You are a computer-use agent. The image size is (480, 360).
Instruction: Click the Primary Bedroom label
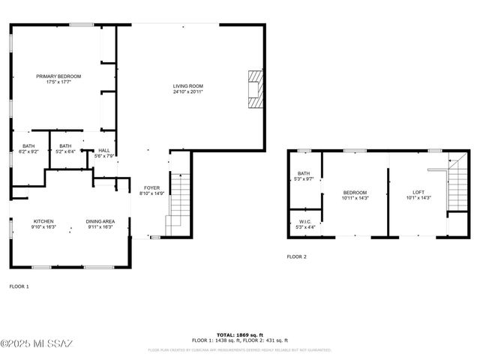pyautogui.click(x=58, y=76)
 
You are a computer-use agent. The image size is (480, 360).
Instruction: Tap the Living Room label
pyautogui.click(x=188, y=86)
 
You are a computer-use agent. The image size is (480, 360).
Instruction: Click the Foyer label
pyautogui.click(x=152, y=187)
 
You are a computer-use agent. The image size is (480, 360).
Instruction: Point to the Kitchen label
pyautogui.click(x=43, y=221)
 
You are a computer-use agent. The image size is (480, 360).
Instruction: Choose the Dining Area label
pyautogui.click(x=100, y=221)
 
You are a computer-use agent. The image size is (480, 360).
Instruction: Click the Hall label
pyautogui.click(x=104, y=150)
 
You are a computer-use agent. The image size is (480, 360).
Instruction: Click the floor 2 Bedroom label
pyautogui.click(x=355, y=192)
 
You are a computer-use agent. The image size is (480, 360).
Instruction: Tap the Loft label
pyautogui.click(x=418, y=192)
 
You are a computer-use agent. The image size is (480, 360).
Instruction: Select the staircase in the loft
pyautogui.click(x=456, y=187)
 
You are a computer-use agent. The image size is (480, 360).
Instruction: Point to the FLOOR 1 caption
pyautogui.click(x=19, y=286)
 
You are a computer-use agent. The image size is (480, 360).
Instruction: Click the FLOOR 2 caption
pyautogui.click(x=296, y=256)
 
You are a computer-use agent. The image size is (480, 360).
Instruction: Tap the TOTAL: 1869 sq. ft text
pyautogui.click(x=240, y=334)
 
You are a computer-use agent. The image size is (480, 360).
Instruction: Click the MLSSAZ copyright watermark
pyautogui.click(x=37, y=343)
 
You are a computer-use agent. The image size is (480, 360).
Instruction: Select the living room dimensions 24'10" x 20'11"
pyautogui.click(x=188, y=91)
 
